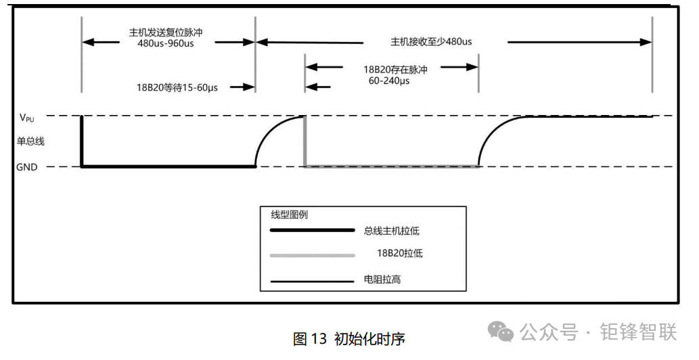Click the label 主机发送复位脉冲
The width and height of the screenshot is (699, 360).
pos(166,32)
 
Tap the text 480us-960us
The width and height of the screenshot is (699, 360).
pos(166,44)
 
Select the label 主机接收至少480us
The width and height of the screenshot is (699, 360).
pos(431,42)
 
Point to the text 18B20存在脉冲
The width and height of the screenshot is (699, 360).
pos(395,70)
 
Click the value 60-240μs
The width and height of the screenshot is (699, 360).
pos(389,81)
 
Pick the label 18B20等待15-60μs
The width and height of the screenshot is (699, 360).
pos(177,87)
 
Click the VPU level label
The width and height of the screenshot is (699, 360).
pos(26,118)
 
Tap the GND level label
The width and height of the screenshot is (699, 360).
pos(27,167)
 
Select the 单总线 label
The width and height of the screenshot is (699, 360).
pos(30,141)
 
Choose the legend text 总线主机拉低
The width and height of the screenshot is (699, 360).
pos(391,231)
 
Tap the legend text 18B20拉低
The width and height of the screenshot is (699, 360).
pos(400,253)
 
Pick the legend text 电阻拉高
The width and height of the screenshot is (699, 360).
pos(382,279)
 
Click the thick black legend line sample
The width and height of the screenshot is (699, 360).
pos(313,230)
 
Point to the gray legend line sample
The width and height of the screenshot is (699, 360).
pos(313,256)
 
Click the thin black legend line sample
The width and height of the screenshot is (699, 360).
pos(313,282)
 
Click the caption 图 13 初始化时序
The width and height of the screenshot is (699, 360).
pos(349,338)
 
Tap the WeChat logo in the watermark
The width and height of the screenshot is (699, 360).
pos(500,332)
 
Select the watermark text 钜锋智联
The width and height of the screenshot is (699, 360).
pos(638,332)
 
